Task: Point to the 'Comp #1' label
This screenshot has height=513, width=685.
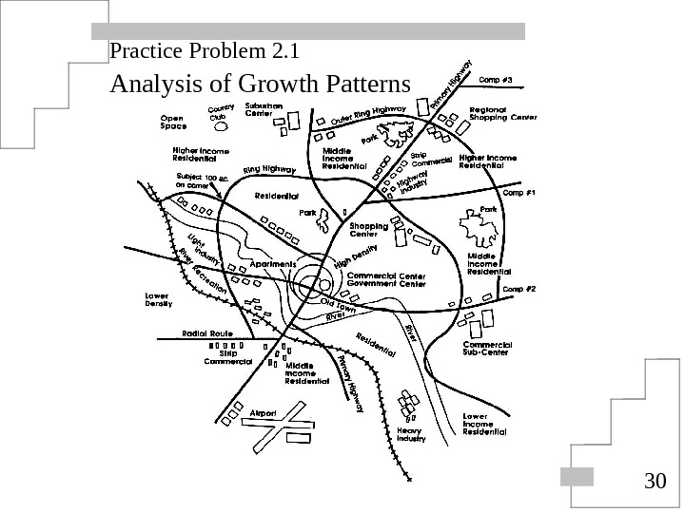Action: pos(519,193)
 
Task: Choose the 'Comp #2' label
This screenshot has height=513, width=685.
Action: pos(519,289)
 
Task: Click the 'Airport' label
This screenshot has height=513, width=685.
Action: pos(263,413)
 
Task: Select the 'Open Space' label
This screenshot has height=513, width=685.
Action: pos(173,123)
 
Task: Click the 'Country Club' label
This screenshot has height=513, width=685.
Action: pos(222,112)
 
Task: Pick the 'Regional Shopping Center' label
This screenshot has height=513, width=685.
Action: pos(503,114)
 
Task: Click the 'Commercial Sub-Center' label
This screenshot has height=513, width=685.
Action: pos(487,348)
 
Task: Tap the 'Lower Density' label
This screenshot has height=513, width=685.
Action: pos(158,300)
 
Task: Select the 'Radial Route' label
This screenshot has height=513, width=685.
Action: pos(207,334)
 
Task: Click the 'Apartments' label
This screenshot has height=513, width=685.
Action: pos(273,263)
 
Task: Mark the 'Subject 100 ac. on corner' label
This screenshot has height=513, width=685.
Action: pos(202,181)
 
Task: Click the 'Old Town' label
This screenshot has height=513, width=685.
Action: pos(338,306)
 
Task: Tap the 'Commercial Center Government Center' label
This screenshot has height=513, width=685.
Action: pos(385,279)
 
